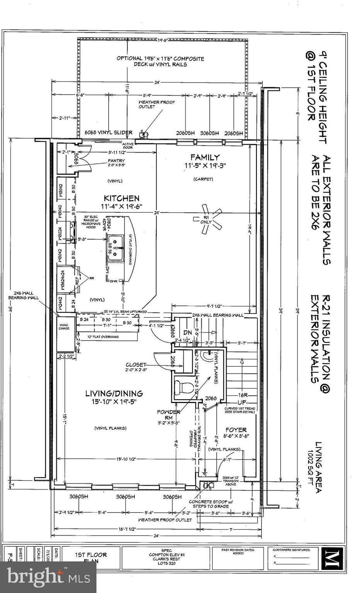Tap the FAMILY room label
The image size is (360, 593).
[x=205, y=157]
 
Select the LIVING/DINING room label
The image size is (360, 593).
[x=114, y=393]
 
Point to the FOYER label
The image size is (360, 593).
[x=236, y=430]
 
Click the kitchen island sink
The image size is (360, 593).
[x=115, y=248]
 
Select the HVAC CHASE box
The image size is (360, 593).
[x=64, y=327]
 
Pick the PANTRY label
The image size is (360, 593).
[x=102, y=161]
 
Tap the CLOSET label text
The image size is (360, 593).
[x=136, y=365]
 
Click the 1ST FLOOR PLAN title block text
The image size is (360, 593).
[x=91, y=557]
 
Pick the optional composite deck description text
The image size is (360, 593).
[x=160, y=61]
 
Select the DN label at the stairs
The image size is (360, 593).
[x=187, y=332]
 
